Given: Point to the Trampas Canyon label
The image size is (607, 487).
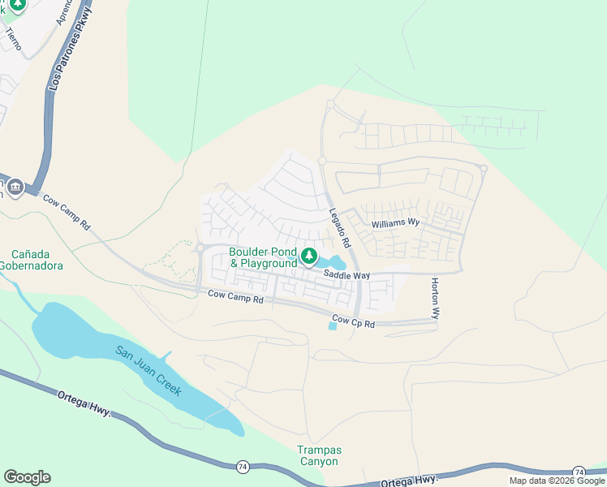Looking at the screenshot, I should pos(319,455).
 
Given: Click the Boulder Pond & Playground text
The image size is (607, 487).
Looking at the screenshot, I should pos(263,258).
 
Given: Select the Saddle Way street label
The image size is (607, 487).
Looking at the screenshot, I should pos(347,276).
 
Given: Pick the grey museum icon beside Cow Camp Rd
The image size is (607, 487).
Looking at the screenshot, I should pos(15,189).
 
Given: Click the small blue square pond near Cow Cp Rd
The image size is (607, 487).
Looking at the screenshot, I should pos(332,326).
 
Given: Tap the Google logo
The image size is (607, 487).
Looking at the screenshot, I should pos(27,476).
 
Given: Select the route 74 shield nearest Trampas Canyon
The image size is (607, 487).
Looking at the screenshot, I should pos(243,467).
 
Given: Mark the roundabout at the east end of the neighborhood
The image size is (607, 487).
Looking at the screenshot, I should pos(484,169).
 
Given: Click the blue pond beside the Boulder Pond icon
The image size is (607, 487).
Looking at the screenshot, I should pos(334,263).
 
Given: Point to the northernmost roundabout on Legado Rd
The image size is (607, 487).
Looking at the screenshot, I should pos(330,105).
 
